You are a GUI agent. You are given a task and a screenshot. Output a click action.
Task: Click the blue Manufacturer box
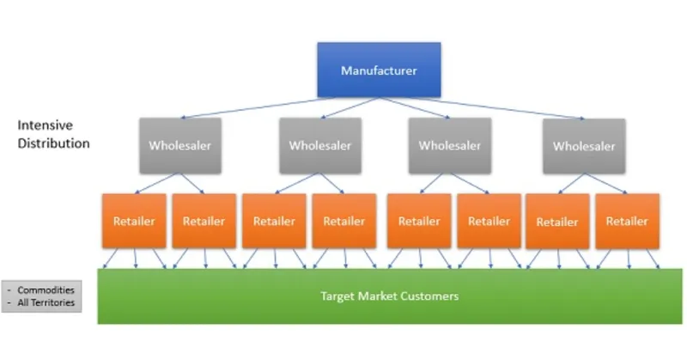point(379,70)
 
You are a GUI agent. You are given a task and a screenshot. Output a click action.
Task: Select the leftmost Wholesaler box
point(179,145)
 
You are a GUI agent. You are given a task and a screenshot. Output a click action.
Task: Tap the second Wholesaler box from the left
point(319,145)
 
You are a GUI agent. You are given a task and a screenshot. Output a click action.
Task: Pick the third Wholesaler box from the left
point(449,145)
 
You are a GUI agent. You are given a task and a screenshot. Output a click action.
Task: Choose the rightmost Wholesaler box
point(584,145)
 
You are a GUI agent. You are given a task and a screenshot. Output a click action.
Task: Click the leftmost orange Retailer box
point(134,221)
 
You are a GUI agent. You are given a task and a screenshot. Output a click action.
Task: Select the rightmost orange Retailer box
point(627,221)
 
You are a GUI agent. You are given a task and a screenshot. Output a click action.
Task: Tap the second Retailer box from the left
point(204,221)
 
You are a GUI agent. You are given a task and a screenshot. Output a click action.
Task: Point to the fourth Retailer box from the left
point(343,221)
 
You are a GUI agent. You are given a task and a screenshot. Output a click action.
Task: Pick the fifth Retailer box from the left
point(419,221)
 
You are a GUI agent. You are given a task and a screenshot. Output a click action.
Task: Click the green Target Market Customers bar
point(389,296)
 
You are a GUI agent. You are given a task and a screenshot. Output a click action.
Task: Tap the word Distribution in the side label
point(53,143)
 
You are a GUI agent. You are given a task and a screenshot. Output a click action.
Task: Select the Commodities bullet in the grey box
point(46,290)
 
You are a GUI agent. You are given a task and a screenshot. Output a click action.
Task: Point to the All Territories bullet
point(46,302)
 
